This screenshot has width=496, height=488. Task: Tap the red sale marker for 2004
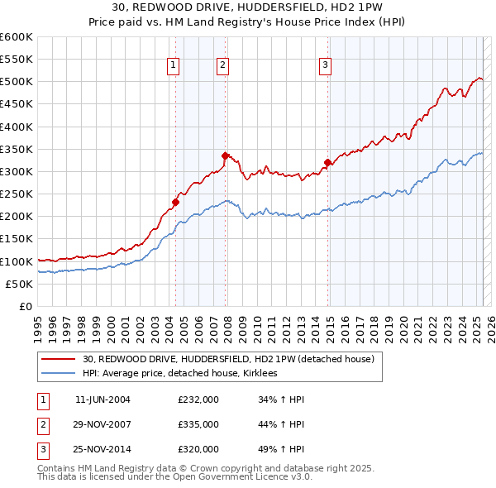click(175, 201)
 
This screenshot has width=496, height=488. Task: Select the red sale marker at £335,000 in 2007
click(225, 155)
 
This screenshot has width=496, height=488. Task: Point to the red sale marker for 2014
click(328, 162)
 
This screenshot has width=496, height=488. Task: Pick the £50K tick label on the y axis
click(20, 284)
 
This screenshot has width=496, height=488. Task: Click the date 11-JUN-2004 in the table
click(103, 399)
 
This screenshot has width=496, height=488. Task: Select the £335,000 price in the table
click(198, 425)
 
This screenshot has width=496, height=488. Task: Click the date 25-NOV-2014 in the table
click(103, 451)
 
